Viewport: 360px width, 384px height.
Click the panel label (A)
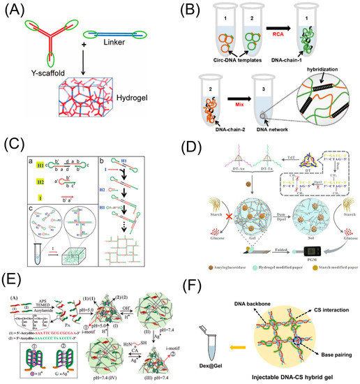coord(15,12)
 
